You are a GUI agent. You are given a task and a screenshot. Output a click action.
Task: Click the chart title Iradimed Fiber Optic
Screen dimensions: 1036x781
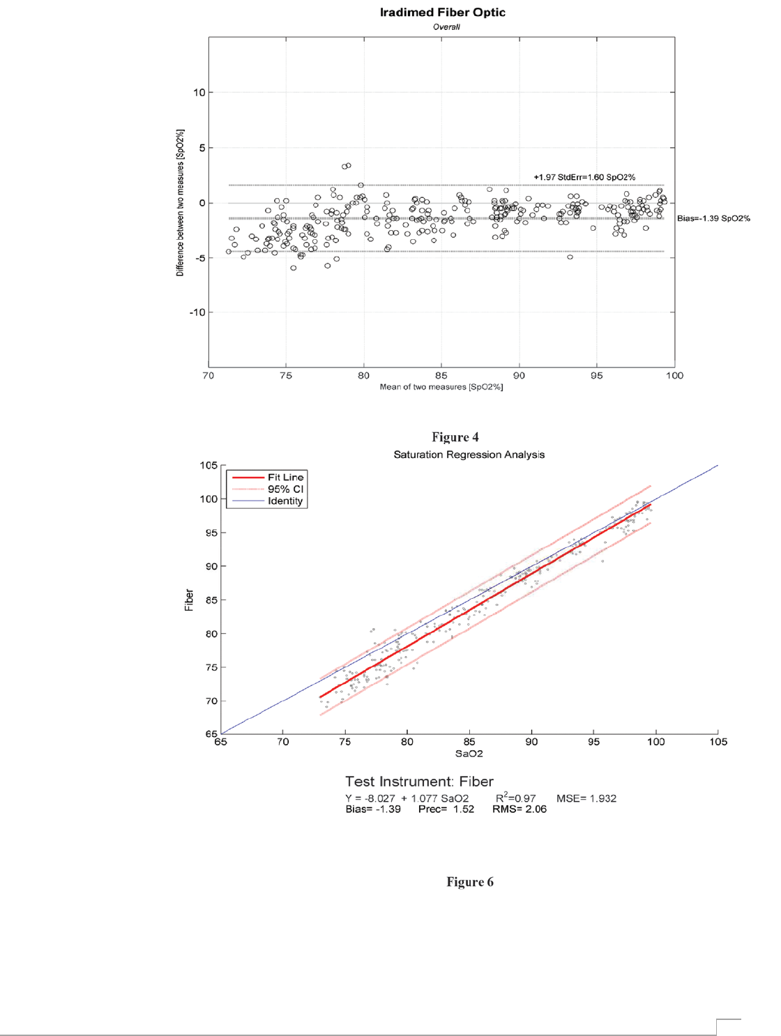442,13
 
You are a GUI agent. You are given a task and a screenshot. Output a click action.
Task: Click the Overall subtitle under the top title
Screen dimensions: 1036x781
446,27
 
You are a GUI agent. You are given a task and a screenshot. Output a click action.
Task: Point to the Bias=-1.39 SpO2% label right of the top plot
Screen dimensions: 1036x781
713,219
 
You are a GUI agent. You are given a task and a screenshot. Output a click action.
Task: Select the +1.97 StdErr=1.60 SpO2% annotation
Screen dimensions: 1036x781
584,178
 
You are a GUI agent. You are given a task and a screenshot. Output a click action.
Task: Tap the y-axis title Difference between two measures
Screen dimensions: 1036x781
180,203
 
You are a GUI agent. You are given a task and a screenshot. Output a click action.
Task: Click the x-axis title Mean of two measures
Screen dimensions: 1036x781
441,387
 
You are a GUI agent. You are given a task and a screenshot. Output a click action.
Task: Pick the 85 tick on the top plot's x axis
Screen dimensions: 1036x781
441,376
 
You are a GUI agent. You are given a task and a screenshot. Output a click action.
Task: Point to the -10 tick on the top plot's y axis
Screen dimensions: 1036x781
197,313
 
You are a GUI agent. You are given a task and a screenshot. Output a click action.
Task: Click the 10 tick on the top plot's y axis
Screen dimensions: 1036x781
199,93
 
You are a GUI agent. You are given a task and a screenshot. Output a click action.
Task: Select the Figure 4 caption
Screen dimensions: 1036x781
455,437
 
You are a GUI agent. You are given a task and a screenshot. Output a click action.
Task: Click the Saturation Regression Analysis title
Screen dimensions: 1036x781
469,455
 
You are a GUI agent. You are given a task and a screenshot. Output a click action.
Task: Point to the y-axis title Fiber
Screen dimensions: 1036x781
189,600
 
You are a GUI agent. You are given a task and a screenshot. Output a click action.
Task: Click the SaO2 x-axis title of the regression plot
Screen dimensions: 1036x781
469,754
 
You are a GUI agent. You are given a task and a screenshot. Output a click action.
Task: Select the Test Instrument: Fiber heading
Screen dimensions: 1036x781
419,782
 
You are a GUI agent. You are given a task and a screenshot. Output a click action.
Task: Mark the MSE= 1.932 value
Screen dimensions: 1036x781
586,798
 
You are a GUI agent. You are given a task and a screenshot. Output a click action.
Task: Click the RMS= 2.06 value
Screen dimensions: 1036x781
519,809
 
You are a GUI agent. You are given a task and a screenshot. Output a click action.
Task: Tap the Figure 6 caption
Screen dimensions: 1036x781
469,882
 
